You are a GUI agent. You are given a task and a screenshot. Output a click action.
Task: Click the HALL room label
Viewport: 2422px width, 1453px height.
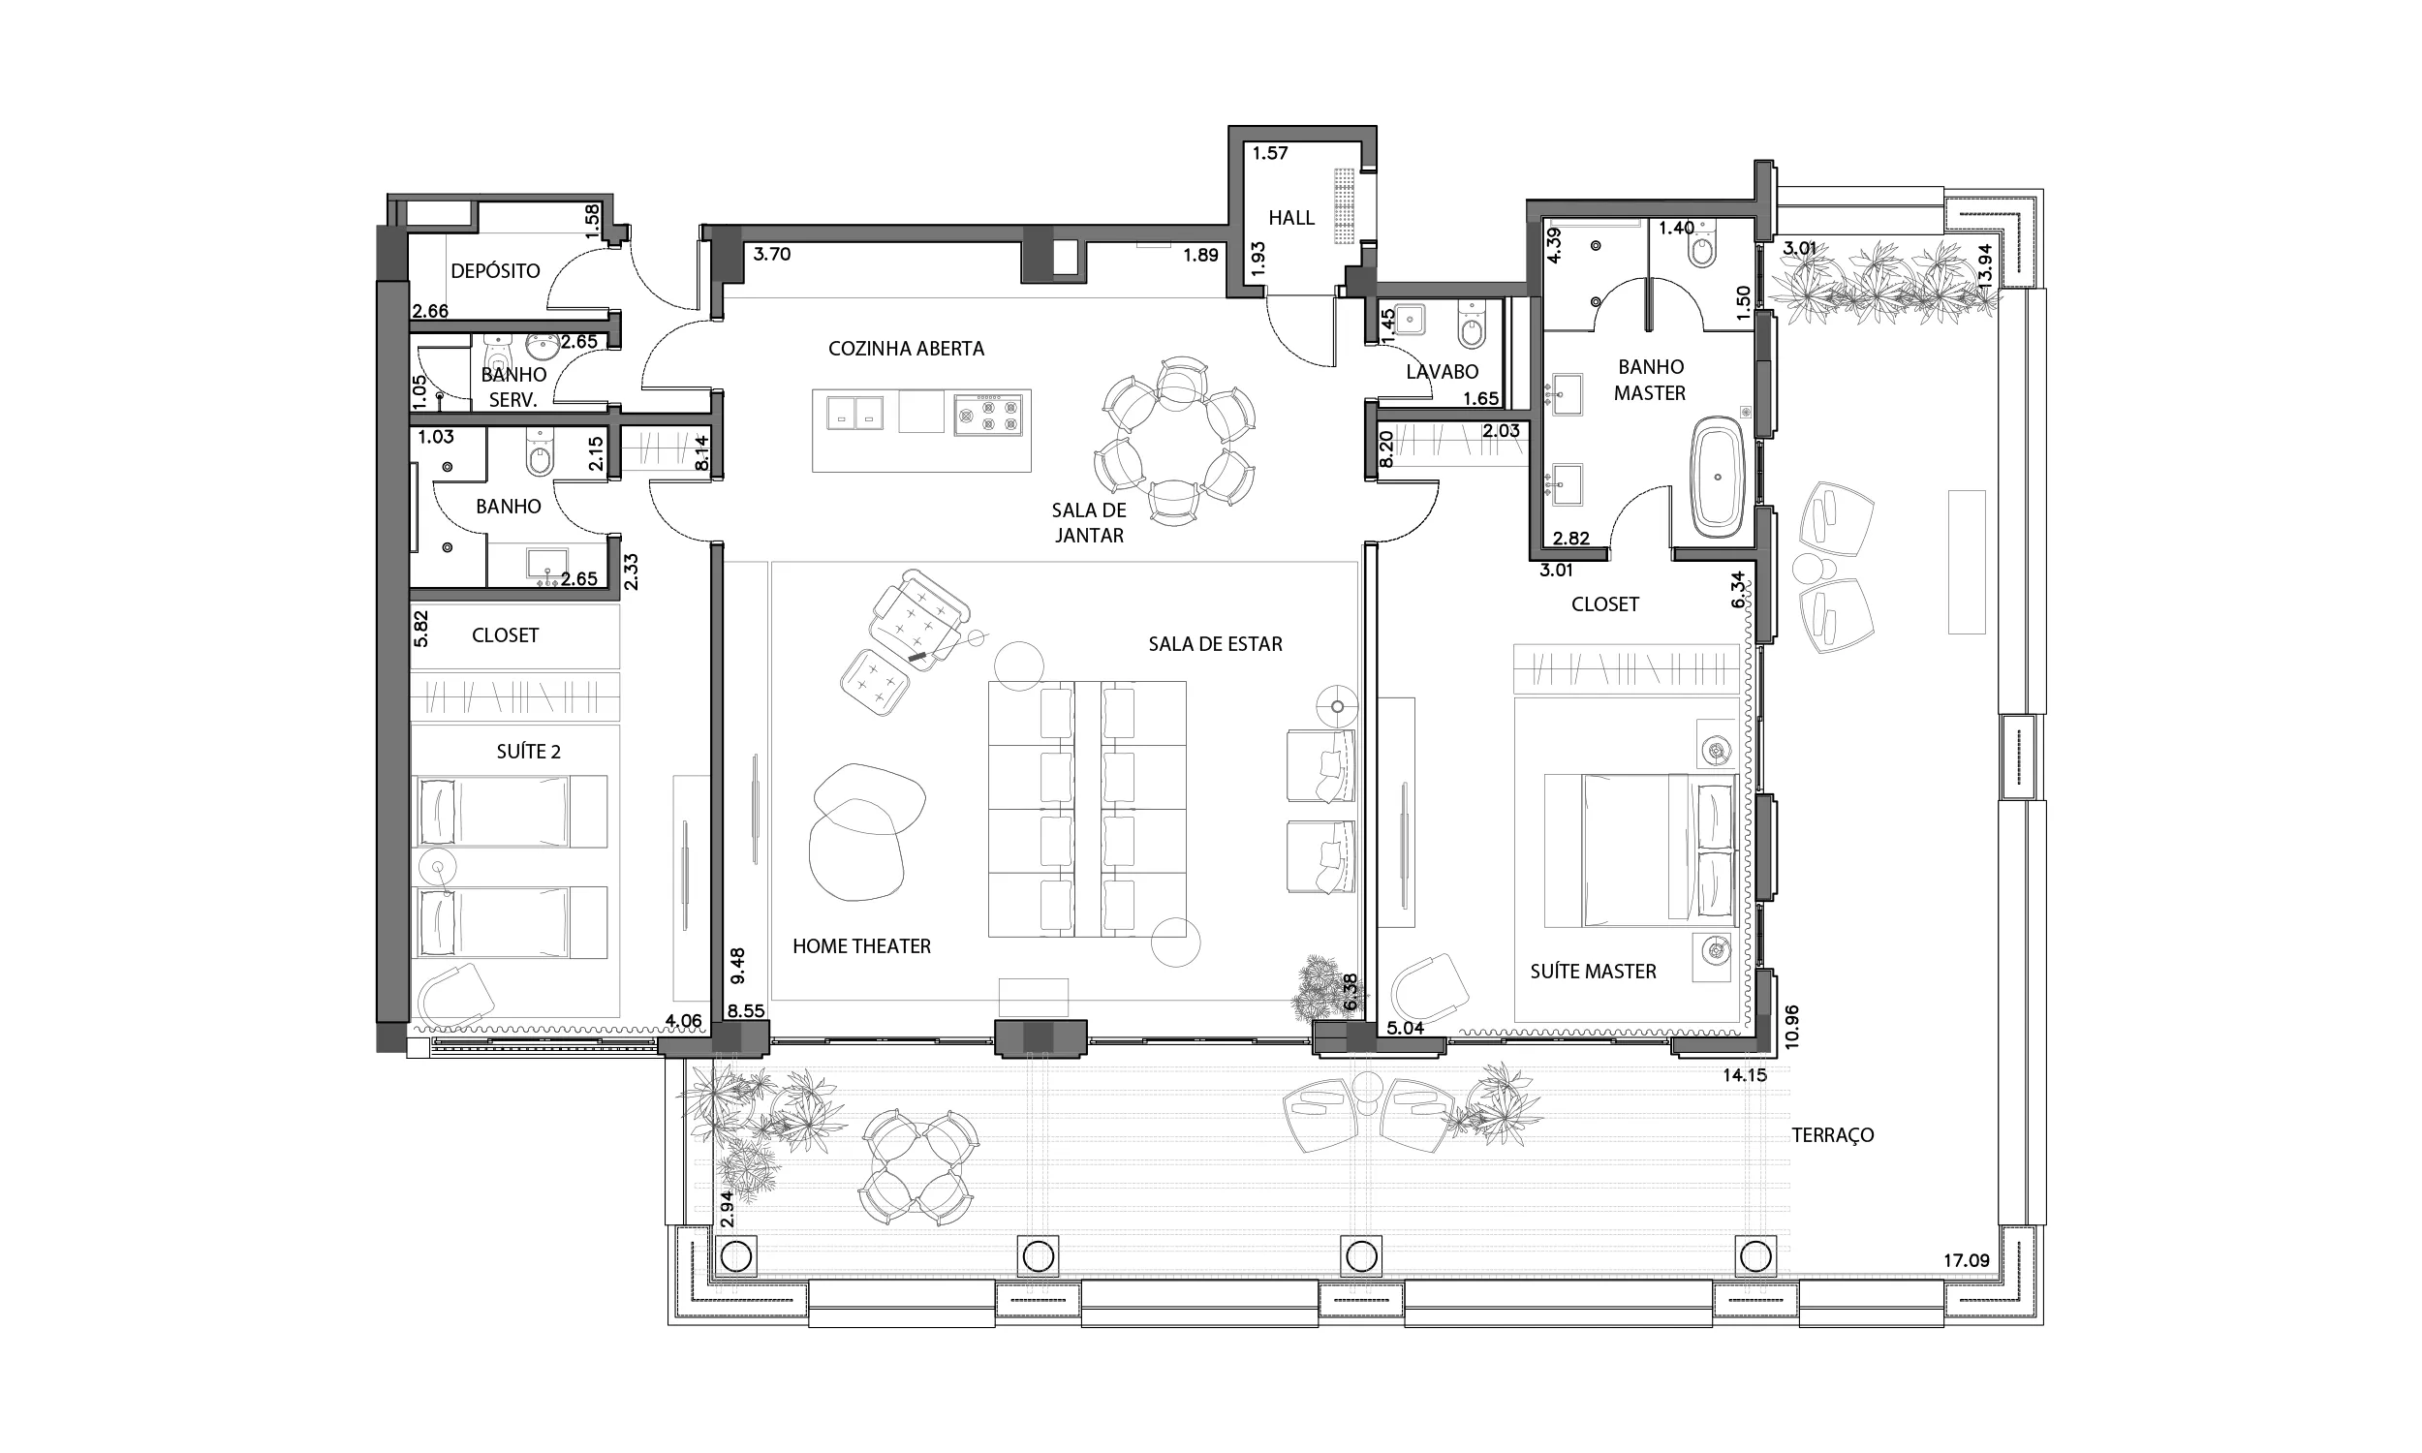tap(1291, 217)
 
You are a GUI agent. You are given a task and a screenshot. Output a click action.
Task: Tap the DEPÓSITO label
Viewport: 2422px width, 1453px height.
tap(495, 271)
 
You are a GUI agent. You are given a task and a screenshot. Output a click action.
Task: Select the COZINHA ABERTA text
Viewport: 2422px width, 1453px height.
tap(907, 349)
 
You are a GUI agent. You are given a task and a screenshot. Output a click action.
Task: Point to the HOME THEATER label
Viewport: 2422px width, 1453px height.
tap(861, 945)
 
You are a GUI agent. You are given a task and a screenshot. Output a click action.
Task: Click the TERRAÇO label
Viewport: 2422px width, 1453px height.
tap(1833, 1134)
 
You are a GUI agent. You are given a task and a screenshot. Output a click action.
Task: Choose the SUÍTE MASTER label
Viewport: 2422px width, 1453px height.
tap(1593, 972)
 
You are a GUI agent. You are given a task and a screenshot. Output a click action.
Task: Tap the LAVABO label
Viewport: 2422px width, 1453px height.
tap(1442, 372)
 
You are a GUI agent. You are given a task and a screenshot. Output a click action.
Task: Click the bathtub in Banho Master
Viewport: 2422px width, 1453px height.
tap(1718, 477)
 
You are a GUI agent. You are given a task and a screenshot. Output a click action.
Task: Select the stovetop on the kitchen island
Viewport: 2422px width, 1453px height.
tap(988, 415)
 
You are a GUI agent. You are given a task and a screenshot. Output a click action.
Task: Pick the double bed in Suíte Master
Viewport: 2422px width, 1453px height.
tap(1641, 850)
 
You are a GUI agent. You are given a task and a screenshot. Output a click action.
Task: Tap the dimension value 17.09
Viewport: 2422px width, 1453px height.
tap(1967, 1261)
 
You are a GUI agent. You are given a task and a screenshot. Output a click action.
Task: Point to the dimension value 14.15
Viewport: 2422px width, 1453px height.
tap(1745, 1075)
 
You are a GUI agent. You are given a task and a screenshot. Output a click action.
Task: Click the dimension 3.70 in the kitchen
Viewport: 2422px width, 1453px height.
tap(771, 255)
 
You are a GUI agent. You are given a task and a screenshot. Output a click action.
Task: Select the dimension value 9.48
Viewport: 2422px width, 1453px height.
tap(738, 966)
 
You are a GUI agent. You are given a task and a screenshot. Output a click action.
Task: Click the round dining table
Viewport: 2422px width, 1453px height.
tap(1174, 441)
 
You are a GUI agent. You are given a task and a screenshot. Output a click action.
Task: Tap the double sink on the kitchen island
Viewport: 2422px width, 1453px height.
tap(854, 413)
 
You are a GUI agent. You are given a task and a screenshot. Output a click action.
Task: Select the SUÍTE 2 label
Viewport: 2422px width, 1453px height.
tap(529, 752)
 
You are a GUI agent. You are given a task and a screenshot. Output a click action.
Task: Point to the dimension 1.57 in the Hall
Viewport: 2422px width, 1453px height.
tap(1270, 153)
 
